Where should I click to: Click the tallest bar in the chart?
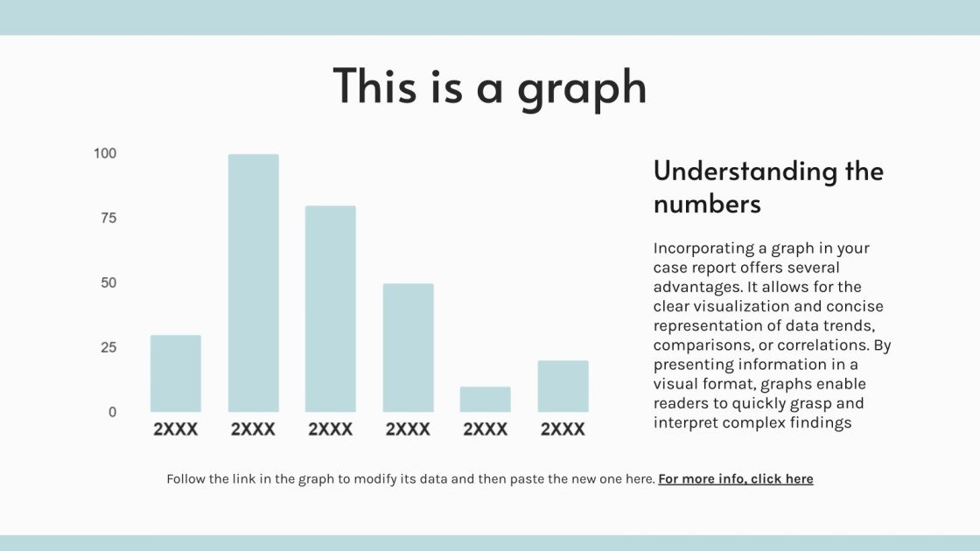(x=253, y=283)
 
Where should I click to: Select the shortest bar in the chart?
(x=485, y=399)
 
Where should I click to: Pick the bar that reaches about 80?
(x=331, y=309)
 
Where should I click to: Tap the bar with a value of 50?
(x=408, y=348)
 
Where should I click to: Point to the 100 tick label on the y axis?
(x=105, y=154)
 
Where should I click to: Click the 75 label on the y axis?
(x=108, y=218)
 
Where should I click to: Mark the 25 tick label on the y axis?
(x=108, y=347)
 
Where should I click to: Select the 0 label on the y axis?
(x=113, y=412)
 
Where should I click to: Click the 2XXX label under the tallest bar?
(x=253, y=429)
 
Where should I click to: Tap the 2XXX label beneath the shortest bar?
(x=485, y=429)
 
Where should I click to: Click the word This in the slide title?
(x=375, y=87)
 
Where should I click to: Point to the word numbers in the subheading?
(x=707, y=205)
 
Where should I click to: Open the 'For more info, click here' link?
(x=736, y=479)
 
